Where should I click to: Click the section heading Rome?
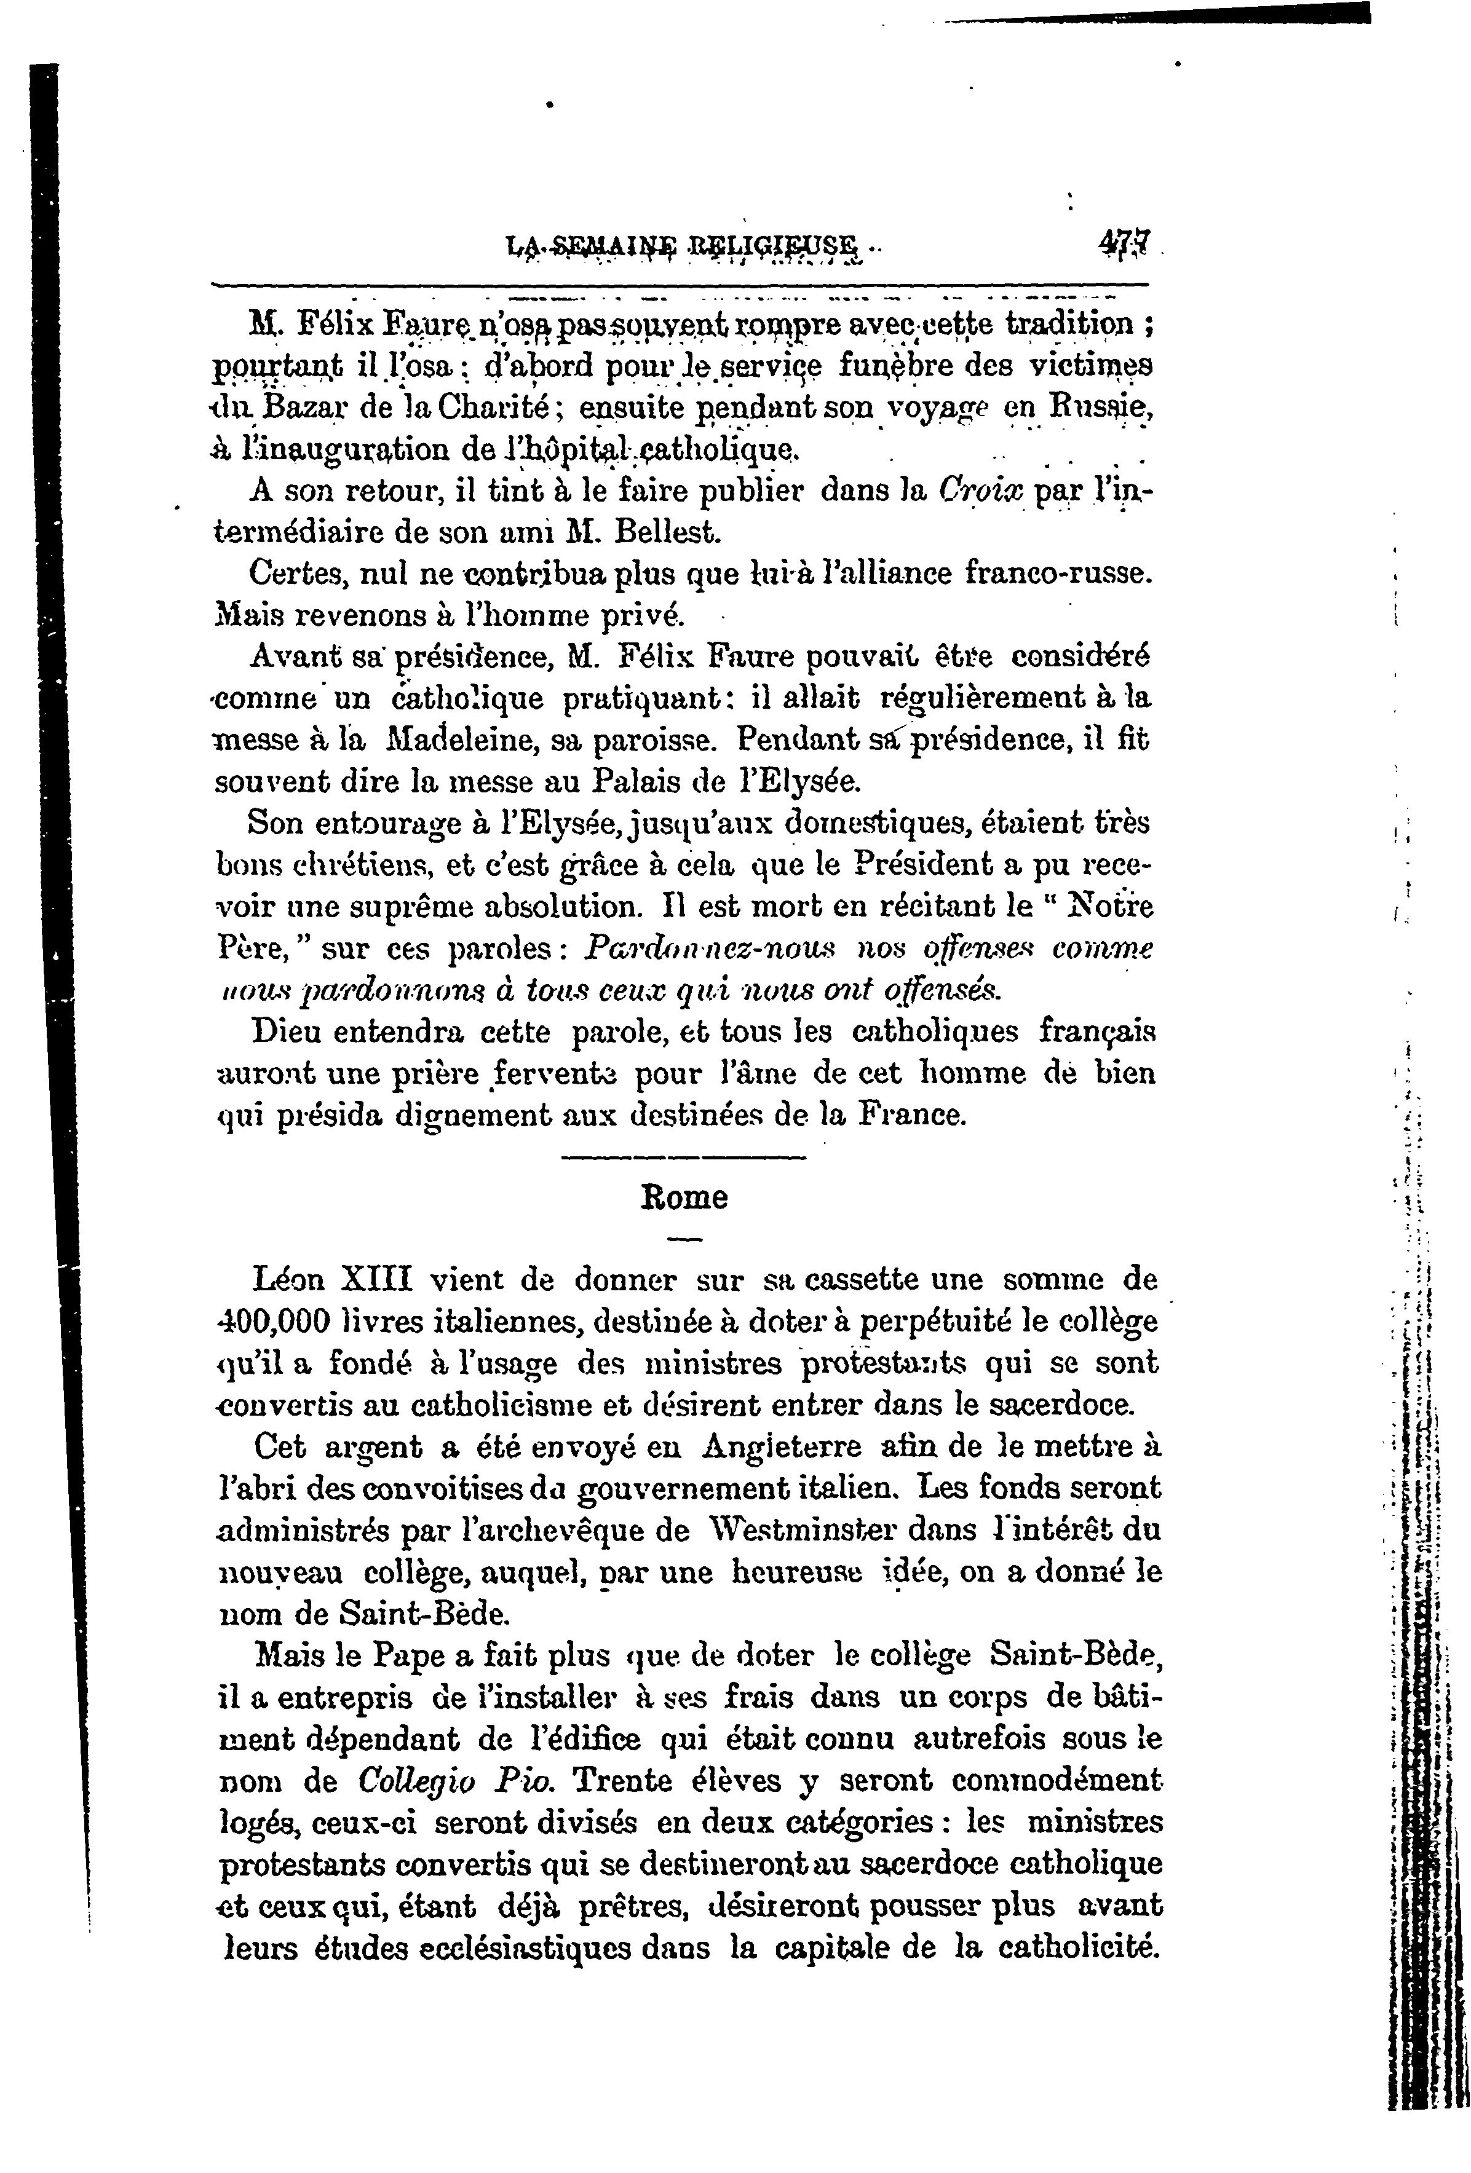(x=684, y=1198)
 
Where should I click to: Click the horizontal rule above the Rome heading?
(x=684, y=1161)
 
